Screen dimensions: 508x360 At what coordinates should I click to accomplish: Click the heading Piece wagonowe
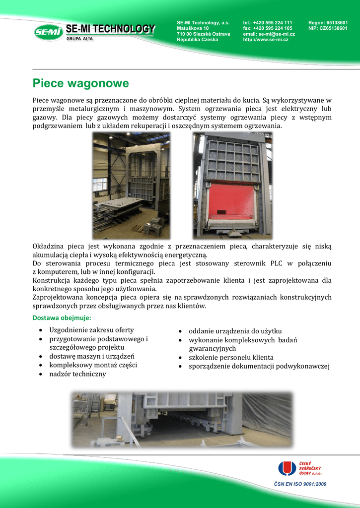[80, 83]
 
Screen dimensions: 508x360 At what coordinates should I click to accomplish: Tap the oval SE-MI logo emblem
[48, 33]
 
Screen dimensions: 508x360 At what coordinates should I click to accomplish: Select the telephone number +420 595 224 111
[272, 23]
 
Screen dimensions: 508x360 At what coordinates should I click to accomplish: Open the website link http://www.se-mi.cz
[266, 40]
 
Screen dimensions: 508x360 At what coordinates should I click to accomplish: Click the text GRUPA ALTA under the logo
[79, 38]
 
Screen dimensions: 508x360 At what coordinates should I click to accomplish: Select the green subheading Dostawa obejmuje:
[62, 317]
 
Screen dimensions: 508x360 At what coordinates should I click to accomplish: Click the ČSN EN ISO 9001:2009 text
[300, 484]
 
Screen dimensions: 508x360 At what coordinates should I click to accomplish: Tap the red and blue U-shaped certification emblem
[287, 468]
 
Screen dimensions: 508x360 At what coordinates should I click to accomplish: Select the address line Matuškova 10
[193, 28]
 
